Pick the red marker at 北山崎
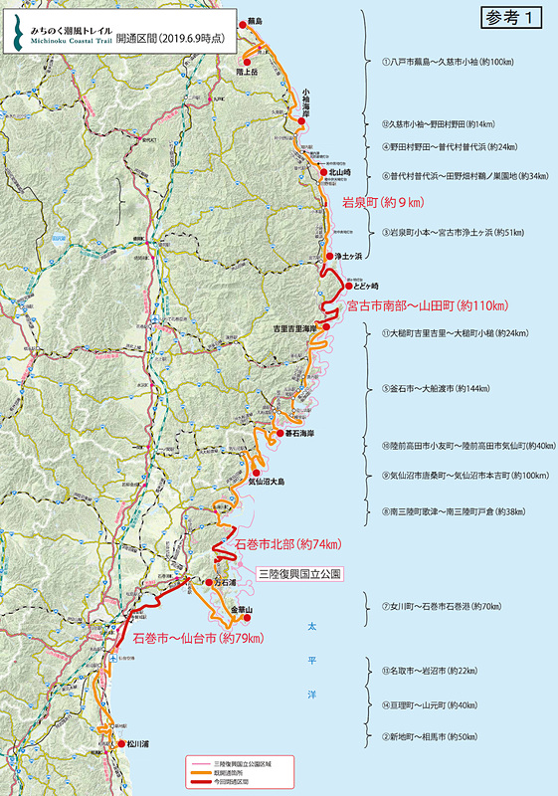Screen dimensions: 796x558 coord(323,173)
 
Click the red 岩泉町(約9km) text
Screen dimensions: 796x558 coord(383,203)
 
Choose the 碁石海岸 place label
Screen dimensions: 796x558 coord(299,434)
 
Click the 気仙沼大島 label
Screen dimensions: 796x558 coord(267,482)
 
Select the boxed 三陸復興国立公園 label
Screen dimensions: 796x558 coord(299,574)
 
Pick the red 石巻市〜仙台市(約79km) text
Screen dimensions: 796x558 coord(195,636)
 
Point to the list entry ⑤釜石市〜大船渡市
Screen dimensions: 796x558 coord(429,388)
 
